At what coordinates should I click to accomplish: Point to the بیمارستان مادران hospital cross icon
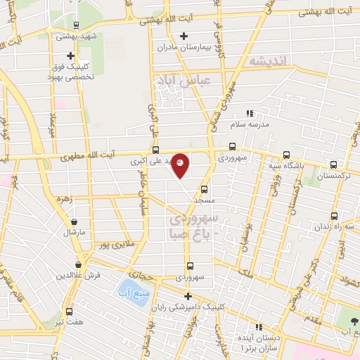184,36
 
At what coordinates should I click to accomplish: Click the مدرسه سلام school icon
249,112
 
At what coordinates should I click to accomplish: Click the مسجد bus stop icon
205,189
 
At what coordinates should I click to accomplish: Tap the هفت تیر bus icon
69,311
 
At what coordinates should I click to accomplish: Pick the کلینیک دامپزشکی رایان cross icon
188,295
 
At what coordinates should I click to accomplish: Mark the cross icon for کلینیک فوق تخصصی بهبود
70,55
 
